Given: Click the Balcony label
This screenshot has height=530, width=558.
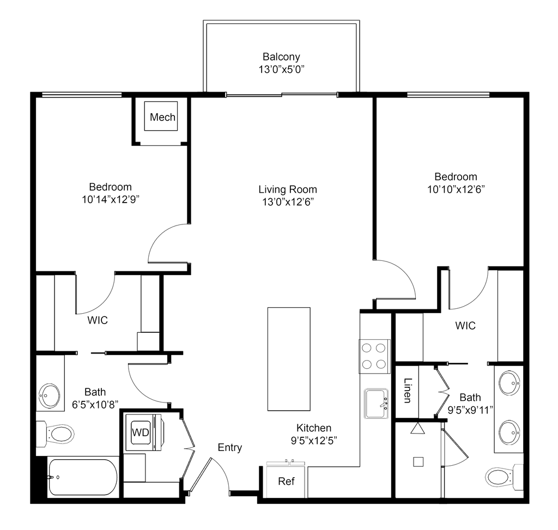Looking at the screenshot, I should click(282, 57).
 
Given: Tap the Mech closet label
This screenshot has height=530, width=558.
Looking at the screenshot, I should click(163, 117).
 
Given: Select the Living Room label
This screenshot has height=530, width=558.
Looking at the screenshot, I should click(288, 190).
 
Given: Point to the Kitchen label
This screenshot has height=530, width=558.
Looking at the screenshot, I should click(314, 428).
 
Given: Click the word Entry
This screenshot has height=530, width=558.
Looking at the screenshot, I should click(230, 448).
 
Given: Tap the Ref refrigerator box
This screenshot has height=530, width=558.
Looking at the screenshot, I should click(285, 482).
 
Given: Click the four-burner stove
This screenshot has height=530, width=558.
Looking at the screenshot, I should click(374, 355).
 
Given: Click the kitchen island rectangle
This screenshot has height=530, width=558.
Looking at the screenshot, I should click(289, 360).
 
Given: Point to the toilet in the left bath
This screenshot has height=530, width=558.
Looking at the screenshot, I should click(57, 435).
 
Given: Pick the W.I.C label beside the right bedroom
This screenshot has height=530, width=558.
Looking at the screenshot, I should click(465, 326).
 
